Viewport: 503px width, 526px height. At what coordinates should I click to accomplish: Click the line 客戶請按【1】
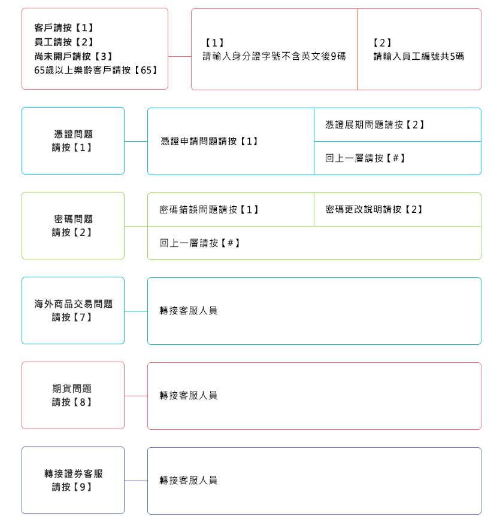coord(64,27)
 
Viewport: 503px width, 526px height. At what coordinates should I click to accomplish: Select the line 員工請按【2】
coord(64,42)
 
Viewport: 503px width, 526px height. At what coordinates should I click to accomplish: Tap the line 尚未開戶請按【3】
coord(74,56)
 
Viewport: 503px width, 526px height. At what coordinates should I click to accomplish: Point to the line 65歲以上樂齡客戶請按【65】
coord(96,70)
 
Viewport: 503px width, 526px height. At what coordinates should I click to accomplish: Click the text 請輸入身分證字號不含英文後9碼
coord(274,56)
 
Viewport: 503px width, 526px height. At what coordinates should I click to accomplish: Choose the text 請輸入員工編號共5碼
coord(419,56)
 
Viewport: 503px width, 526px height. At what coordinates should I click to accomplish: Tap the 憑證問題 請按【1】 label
coord(73,141)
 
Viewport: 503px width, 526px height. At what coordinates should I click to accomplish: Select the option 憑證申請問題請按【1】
coord(210,141)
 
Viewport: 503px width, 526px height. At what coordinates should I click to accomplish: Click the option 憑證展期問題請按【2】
coord(375,125)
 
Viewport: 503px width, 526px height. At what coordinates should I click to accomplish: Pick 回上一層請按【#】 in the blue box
coord(365,158)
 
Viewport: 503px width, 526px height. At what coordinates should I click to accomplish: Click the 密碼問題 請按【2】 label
coord(73,226)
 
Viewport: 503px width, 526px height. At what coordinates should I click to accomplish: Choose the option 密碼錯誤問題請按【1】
coord(209,210)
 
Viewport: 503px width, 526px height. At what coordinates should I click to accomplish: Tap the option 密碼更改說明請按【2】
coord(374,209)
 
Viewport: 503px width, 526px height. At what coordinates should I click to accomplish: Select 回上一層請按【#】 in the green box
coord(200,243)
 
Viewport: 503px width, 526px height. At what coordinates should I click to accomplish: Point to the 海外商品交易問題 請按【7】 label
coord(73,311)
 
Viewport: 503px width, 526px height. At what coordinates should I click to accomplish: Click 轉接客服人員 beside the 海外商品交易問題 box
coord(189,311)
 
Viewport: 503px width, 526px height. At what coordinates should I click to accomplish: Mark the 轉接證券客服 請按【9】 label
coord(73,481)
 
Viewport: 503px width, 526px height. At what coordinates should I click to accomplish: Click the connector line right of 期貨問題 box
coord(136,396)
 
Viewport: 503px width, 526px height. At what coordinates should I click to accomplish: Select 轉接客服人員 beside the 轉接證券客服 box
coord(189,481)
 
